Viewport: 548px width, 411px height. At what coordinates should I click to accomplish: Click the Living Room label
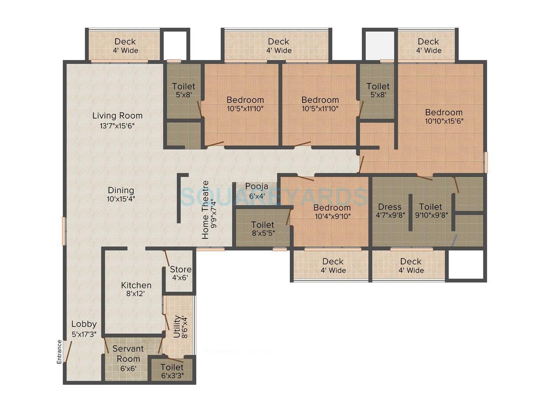coord(117,116)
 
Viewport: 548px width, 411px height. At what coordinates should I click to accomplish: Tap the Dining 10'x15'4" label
coord(121,194)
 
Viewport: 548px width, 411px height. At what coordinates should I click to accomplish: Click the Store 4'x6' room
coord(180,273)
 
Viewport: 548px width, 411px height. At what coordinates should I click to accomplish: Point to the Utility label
coord(177,327)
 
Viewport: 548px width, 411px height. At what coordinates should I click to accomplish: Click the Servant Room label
coord(128,353)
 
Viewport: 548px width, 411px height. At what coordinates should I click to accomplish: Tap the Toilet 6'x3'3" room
coord(172,371)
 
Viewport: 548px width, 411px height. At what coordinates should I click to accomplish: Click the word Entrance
coord(59,351)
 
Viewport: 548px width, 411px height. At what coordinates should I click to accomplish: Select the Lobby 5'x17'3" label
coord(84,328)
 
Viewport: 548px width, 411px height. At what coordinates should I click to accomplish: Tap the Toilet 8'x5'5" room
coord(263,228)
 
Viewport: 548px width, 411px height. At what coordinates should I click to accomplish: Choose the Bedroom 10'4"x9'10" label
coord(332,212)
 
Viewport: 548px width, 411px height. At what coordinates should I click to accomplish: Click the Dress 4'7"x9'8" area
coord(390,210)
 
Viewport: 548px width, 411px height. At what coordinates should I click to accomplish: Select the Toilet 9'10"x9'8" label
coord(431,210)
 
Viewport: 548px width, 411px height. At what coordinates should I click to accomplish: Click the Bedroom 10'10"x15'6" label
coord(444,116)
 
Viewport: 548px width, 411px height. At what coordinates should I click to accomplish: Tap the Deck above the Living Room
coord(125,46)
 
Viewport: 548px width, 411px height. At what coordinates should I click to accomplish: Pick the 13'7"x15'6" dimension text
coord(117,126)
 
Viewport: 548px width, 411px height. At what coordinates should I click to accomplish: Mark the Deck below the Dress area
coord(411,266)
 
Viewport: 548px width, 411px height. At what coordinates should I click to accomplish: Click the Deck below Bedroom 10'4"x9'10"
coord(333,266)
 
